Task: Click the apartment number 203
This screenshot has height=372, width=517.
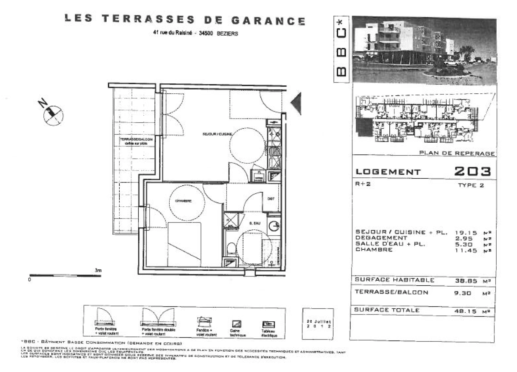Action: [472, 171]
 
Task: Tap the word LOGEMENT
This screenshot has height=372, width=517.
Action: [388, 172]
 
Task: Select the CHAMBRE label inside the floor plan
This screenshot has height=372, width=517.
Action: [183, 201]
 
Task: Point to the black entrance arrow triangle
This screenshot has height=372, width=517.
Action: [296, 103]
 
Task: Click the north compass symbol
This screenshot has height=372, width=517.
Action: [53, 113]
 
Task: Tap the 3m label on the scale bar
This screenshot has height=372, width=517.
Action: [98, 271]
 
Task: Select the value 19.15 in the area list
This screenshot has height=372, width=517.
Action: [466, 233]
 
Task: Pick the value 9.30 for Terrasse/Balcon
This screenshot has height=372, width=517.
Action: [463, 293]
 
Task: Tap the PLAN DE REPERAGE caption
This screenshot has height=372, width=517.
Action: [457, 153]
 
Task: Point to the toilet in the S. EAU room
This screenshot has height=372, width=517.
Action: [231, 248]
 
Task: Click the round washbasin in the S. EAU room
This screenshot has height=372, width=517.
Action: [275, 226]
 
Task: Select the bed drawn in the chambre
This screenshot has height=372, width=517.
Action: [184, 244]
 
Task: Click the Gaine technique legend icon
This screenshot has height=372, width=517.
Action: [237, 324]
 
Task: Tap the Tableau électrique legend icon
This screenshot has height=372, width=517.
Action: [268, 324]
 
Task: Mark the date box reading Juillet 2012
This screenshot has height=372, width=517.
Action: [318, 324]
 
